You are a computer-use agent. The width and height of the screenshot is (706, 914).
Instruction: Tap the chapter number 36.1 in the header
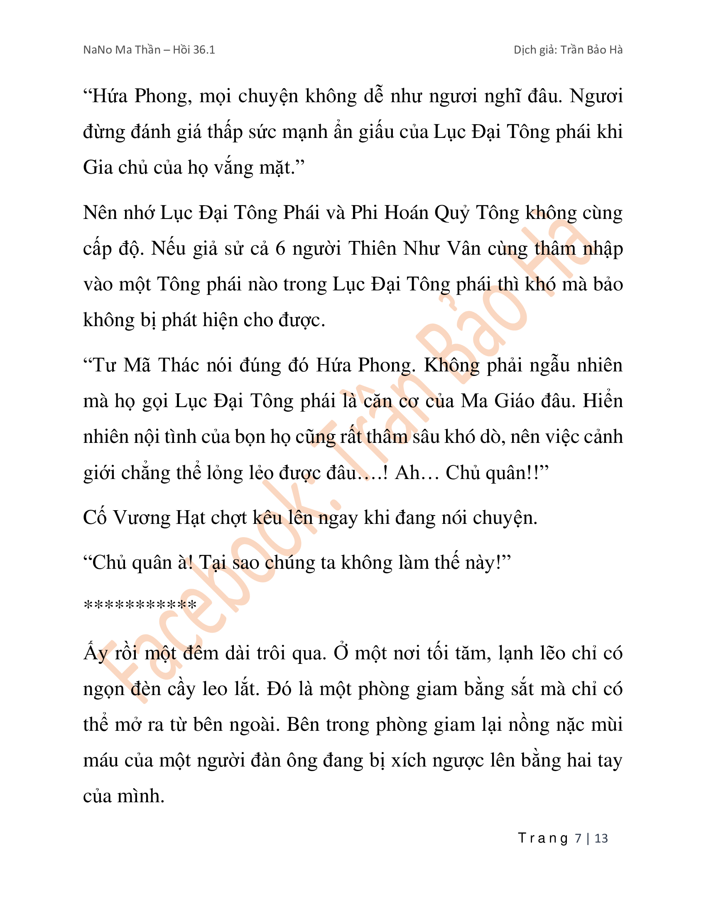point(204,50)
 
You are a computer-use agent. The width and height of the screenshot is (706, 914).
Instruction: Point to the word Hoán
point(406,213)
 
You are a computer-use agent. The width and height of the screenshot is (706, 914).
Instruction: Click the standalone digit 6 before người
point(280,248)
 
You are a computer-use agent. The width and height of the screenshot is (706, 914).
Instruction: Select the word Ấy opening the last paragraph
point(96,653)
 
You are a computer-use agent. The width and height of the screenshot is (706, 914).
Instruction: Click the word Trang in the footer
point(543,838)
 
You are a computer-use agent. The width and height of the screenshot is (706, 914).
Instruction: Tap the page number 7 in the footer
point(578,838)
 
